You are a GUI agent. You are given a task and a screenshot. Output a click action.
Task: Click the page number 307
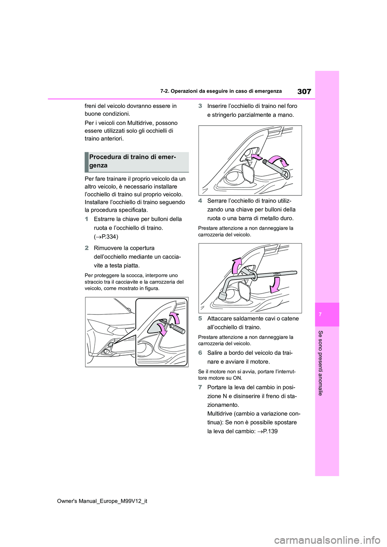304,91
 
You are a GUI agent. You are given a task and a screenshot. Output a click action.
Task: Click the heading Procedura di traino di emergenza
133,161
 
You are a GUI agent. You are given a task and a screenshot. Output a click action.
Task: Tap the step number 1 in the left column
86,219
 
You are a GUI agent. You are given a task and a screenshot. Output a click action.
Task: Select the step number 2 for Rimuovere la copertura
86,248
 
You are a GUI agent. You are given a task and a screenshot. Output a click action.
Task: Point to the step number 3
200,106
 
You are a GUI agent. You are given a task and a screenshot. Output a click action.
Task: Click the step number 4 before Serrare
200,201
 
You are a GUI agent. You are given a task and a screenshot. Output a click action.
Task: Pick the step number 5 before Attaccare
200,319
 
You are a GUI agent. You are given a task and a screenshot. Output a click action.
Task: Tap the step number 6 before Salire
200,353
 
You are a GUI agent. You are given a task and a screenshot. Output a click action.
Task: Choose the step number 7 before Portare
200,387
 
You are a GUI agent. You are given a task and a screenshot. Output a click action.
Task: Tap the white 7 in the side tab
327,314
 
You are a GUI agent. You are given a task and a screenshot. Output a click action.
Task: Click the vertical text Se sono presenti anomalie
321,363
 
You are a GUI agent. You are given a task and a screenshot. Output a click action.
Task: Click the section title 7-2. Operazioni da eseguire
221,91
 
